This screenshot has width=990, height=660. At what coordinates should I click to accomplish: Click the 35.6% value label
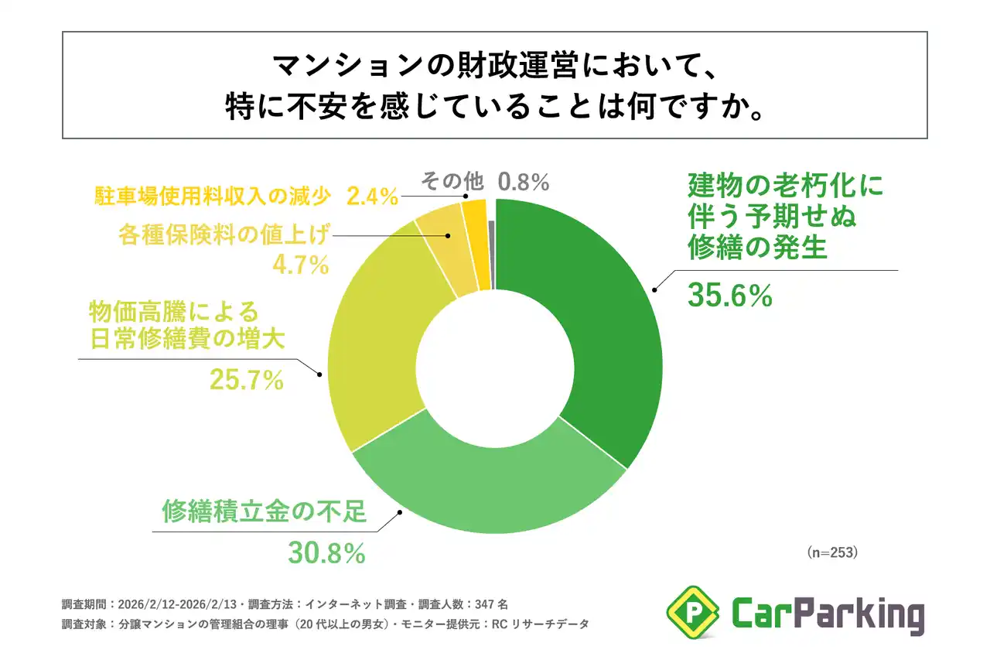(x=729, y=295)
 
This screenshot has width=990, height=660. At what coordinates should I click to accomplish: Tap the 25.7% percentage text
(x=246, y=379)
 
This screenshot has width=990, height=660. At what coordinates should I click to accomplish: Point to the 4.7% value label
(x=301, y=265)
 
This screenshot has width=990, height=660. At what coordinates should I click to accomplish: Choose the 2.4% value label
(x=372, y=197)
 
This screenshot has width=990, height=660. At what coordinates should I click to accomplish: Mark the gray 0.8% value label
(x=524, y=182)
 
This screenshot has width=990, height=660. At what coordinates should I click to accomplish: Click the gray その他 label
(x=452, y=182)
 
